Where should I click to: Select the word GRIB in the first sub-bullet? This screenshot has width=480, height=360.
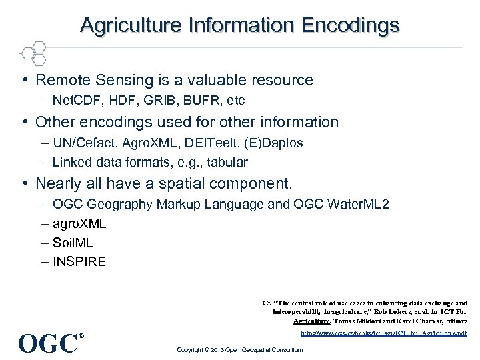point(159,101)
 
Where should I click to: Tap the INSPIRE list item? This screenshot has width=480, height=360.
point(79,261)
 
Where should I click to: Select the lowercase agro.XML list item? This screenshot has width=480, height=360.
point(79,223)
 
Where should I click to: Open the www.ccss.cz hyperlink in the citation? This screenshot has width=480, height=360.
point(384,331)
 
